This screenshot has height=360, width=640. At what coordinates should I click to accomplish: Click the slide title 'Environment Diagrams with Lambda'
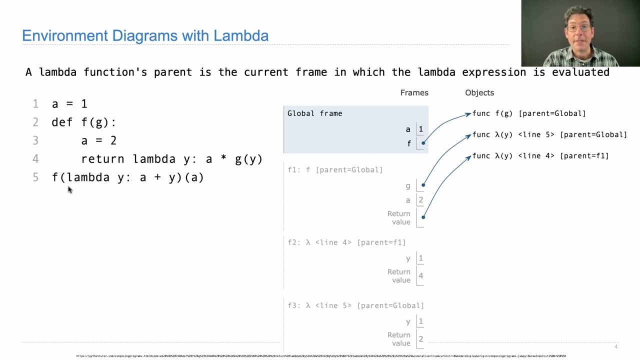click(145, 35)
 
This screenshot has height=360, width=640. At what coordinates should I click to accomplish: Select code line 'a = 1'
click(69, 104)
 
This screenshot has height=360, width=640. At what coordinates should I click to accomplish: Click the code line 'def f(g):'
click(83, 122)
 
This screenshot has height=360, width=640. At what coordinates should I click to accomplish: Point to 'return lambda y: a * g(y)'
click(171, 159)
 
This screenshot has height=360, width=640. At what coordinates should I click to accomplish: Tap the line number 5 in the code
click(35, 177)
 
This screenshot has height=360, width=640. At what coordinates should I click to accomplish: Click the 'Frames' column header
click(414, 92)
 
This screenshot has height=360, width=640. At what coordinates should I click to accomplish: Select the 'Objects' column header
click(479, 92)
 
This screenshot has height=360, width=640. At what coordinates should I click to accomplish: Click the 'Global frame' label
click(314, 113)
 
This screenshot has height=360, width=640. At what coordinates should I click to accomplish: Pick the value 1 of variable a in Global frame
click(420, 129)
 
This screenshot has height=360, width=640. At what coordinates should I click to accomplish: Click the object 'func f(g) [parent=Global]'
click(528, 113)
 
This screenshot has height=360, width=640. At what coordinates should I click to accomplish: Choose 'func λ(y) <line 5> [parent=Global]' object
click(549, 134)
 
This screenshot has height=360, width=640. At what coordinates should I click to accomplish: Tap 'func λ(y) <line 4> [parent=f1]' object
click(540, 156)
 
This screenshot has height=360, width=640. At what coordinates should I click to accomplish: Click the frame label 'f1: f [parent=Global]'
click(335, 170)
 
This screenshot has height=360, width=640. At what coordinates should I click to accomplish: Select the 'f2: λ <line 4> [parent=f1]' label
click(346, 242)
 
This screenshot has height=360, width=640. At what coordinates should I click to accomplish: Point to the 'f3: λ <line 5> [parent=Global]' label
click(355, 305)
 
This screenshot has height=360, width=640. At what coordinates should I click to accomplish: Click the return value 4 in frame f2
click(420, 276)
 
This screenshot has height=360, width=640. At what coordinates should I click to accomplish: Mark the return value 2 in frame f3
click(420, 339)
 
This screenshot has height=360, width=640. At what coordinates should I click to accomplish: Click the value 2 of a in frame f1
click(420, 200)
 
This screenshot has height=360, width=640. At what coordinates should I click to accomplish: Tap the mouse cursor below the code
click(69, 189)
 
